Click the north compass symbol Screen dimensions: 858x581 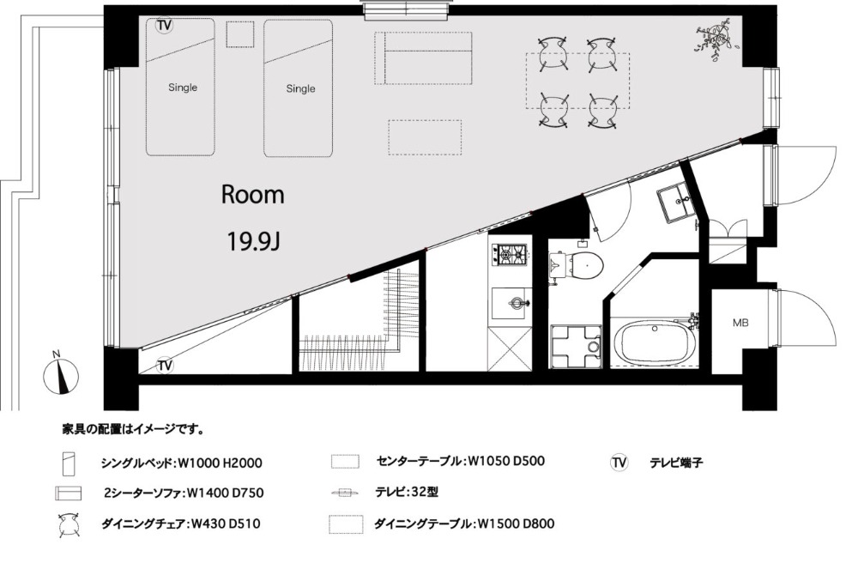(x=60, y=375)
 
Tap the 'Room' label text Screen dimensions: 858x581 (x=253, y=195)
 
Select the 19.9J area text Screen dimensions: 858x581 (x=253, y=240)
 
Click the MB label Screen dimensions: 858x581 (x=740, y=323)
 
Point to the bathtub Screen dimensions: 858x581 (x=656, y=342)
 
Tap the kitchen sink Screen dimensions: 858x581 (x=511, y=303)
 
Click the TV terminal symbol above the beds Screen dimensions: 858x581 (x=164, y=26)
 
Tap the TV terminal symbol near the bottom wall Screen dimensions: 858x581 (x=165, y=366)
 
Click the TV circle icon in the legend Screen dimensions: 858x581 (x=619, y=463)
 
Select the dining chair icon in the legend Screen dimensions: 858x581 (x=70, y=525)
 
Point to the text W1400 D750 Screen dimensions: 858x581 (x=226, y=493)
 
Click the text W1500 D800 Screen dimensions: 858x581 (x=516, y=524)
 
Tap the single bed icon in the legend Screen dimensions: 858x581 (x=69, y=463)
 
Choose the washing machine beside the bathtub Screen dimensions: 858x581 (x=577, y=347)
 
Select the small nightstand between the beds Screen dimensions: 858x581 (x=239, y=35)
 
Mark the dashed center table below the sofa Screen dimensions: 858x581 (x=426, y=137)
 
